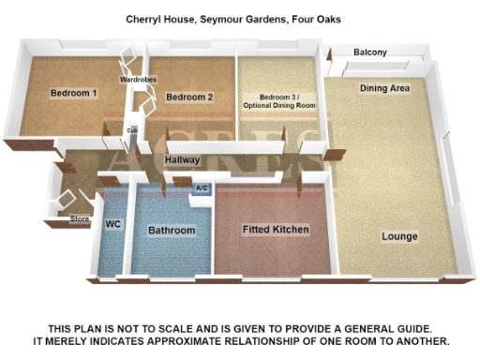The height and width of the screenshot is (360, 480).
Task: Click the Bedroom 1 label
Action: pyautogui.click(x=74, y=94)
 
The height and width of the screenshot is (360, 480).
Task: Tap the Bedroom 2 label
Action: pyautogui.click(x=190, y=97)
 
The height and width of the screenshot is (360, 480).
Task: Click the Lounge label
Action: pyautogui.click(x=400, y=236)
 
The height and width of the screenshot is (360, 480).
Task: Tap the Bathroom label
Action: pyautogui.click(x=172, y=231)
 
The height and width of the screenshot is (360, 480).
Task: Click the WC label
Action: pyautogui.click(x=113, y=225)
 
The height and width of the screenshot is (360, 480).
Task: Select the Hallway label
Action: pyautogui.click(x=182, y=161)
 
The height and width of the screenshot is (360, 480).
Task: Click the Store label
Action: pyautogui.click(x=81, y=219)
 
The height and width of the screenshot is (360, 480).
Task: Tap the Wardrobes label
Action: pyautogui.click(x=138, y=81)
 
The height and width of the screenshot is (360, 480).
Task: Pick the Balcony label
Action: pyautogui.click(x=370, y=52)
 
